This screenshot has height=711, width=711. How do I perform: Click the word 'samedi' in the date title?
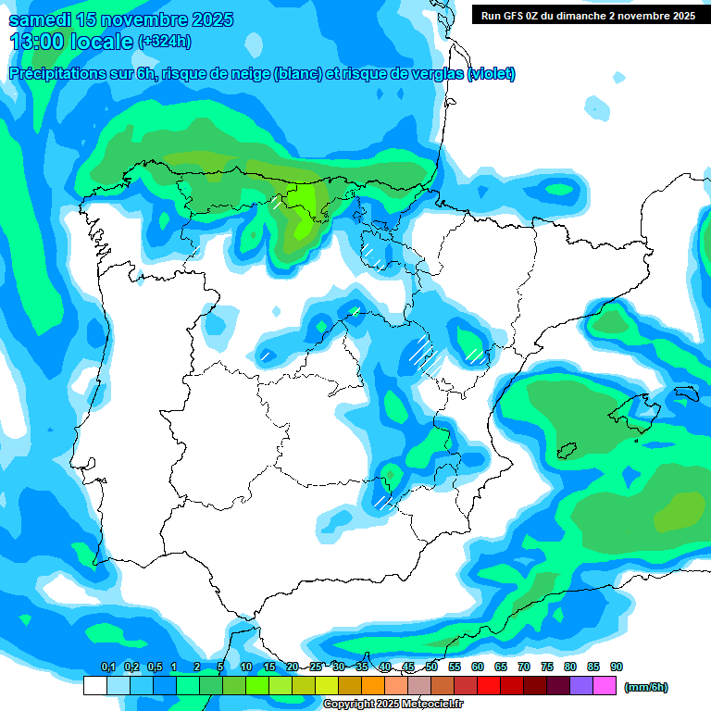pos(39,19)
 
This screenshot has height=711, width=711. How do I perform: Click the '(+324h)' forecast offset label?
pos(164,42)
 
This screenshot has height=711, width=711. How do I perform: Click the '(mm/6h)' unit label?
pos(645,687)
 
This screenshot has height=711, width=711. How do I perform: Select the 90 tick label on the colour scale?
pos(617,667)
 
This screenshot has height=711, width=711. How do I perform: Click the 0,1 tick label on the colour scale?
pos(107,667)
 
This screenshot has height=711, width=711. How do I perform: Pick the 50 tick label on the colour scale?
pos(431,667)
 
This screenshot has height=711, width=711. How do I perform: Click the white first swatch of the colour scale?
pos(95,686)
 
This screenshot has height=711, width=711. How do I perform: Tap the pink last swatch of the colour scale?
pos(605,686)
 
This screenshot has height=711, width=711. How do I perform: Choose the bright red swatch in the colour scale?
pos(489,686)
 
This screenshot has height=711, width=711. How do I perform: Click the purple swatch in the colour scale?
pos(581,686)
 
